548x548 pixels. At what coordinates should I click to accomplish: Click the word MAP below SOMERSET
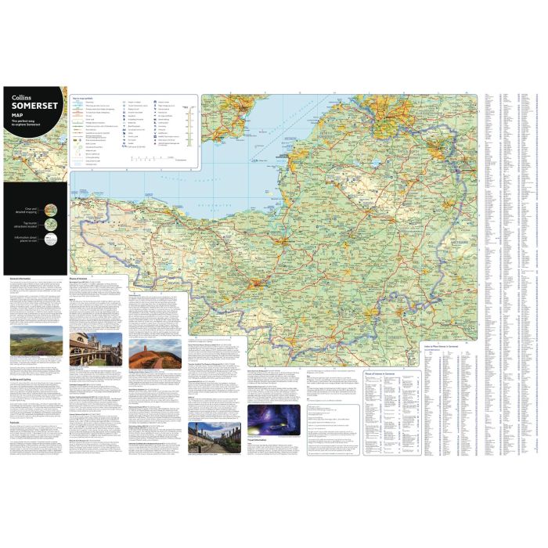pos(16,117)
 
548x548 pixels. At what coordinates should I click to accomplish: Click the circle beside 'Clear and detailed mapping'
pos(49,209)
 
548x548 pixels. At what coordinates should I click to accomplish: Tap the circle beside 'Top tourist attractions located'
pos(49,225)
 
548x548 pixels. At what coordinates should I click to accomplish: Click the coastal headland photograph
pos(36,348)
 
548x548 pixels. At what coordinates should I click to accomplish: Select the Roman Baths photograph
pos(95,349)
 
